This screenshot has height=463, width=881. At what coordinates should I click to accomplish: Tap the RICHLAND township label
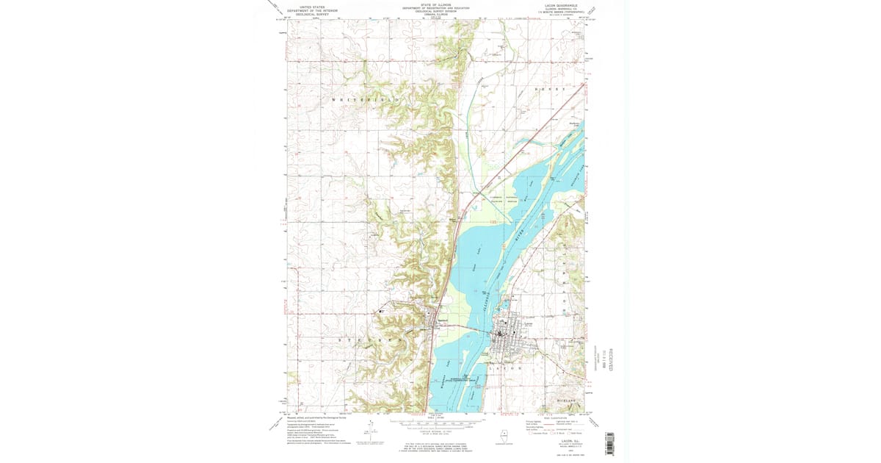point(570,401)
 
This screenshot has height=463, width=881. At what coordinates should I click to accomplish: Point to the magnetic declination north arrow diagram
point(365,434)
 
